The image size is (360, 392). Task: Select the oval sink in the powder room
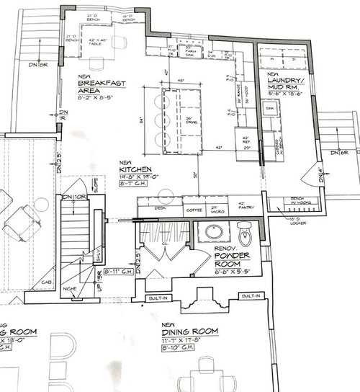tap(213, 233)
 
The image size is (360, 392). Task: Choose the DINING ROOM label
tap(189, 330)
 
